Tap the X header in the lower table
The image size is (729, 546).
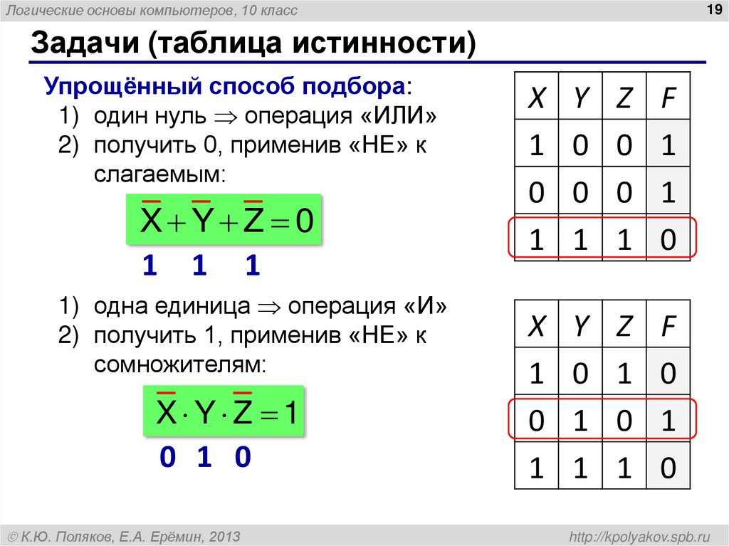click(x=536, y=327)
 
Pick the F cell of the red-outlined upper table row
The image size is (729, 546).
click(x=667, y=240)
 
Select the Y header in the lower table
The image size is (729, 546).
click(x=580, y=327)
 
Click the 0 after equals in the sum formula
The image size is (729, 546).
click(x=304, y=221)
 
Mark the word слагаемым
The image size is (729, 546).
click(x=159, y=172)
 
